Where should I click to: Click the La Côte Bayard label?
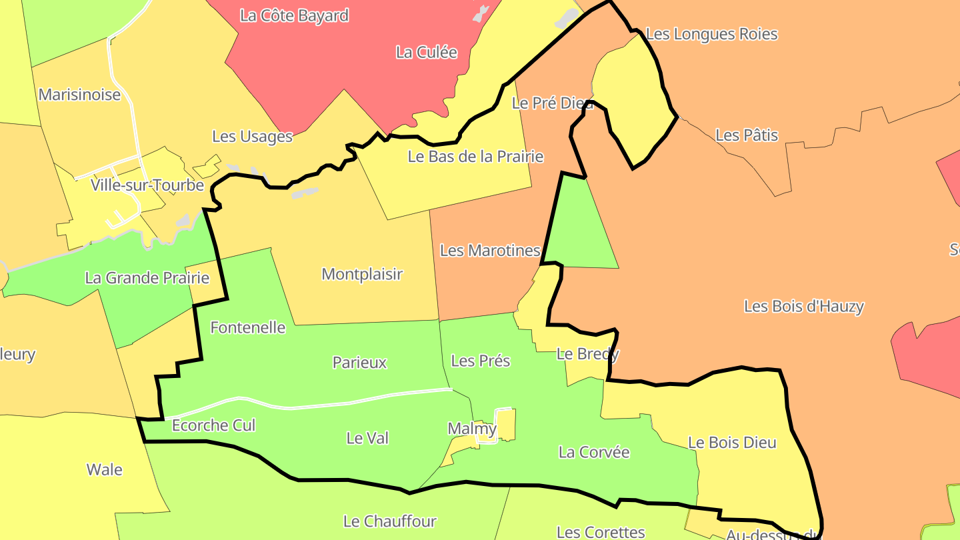tap(294, 16)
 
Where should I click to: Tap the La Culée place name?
tap(427, 53)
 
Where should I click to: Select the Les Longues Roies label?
tap(712, 34)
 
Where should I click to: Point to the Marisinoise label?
tap(79, 95)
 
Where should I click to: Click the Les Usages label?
tap(252, 137)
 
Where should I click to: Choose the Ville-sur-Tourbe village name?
tap(147, 185)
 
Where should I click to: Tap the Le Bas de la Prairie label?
tap(475, 157)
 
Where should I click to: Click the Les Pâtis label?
tap(747, 135)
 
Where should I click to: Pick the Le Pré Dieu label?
tap(552, 103)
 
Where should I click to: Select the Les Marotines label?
tap(490, 251)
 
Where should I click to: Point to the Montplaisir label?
tap(362, 274)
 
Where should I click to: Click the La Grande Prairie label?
tap(147, 278)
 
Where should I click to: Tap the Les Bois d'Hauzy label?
tap(804, 307)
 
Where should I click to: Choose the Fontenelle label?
tap(248, 328)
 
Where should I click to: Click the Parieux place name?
tap(360, 363)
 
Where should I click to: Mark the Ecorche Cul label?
tap(214, 425)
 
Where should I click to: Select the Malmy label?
tap(472, 429)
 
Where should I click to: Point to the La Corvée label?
tap(594, 452)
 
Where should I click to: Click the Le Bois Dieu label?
tap(732, 443)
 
